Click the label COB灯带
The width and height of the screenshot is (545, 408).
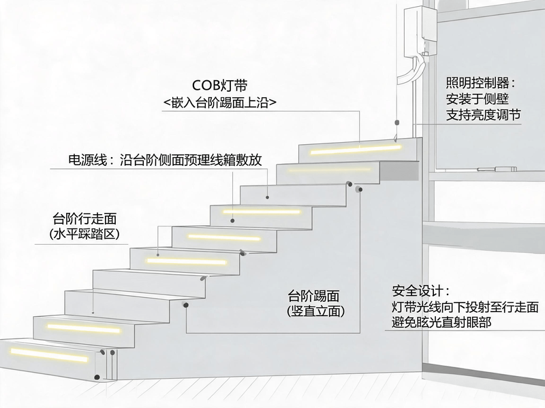point(219,86)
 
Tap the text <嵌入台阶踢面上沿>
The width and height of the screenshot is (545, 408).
point(219,103)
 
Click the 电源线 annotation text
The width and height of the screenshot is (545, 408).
point(165,160)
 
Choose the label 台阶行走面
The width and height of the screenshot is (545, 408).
point(84,218)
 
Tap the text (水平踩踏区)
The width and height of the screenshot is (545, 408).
point(84,234)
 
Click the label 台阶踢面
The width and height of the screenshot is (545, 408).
point(313,296)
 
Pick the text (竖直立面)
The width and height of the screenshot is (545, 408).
point(316,311)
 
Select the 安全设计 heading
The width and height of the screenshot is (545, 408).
point(421,291)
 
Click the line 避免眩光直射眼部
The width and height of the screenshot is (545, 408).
point(441,322)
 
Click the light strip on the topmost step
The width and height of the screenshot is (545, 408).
point(356,150)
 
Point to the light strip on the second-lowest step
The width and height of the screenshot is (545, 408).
point(84,328)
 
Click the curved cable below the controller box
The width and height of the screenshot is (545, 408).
point(412,69)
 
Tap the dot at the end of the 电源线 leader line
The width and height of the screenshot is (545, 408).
point(267,197)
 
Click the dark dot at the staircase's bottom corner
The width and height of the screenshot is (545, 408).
point(97,377)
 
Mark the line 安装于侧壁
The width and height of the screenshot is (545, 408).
point(477,99)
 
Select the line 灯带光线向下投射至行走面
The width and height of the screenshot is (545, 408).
point(465,307)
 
